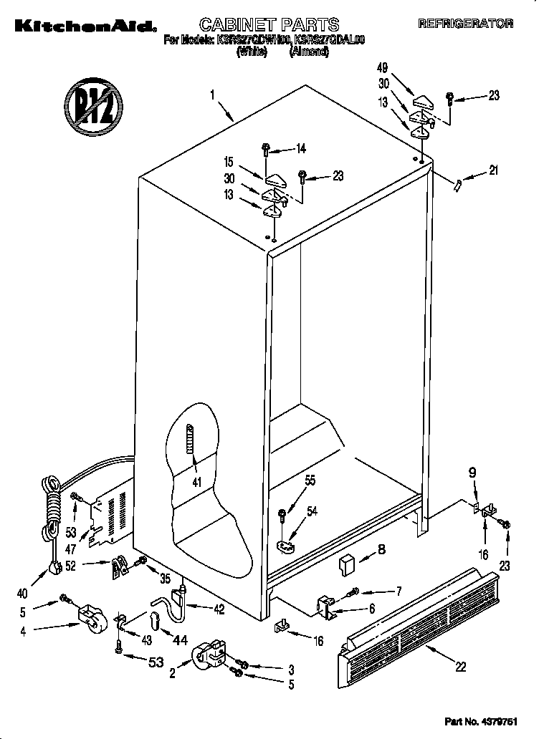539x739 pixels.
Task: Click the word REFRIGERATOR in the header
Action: (467, 24)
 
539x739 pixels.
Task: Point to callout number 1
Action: (213, 94)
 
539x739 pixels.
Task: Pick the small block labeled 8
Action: (349, 565)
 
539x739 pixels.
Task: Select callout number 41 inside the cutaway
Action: (196, 482)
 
